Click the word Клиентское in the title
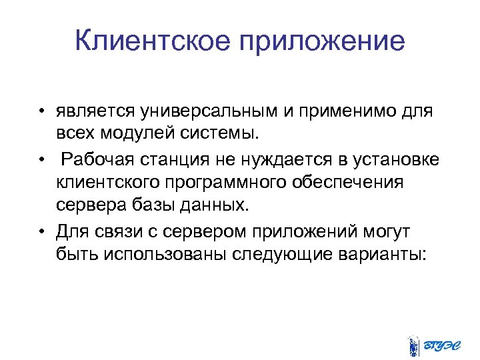(x=153, y=41)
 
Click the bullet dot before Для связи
(x=42, y=231)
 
